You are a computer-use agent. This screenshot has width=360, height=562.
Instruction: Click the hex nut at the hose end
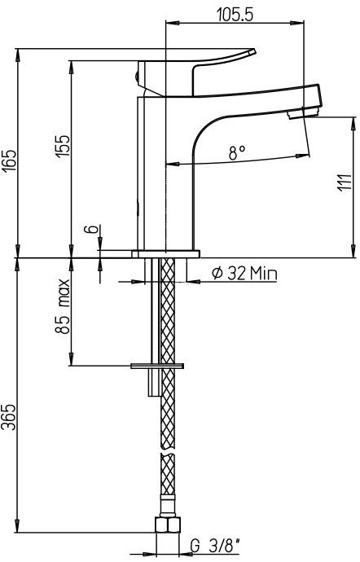pos(166,525)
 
